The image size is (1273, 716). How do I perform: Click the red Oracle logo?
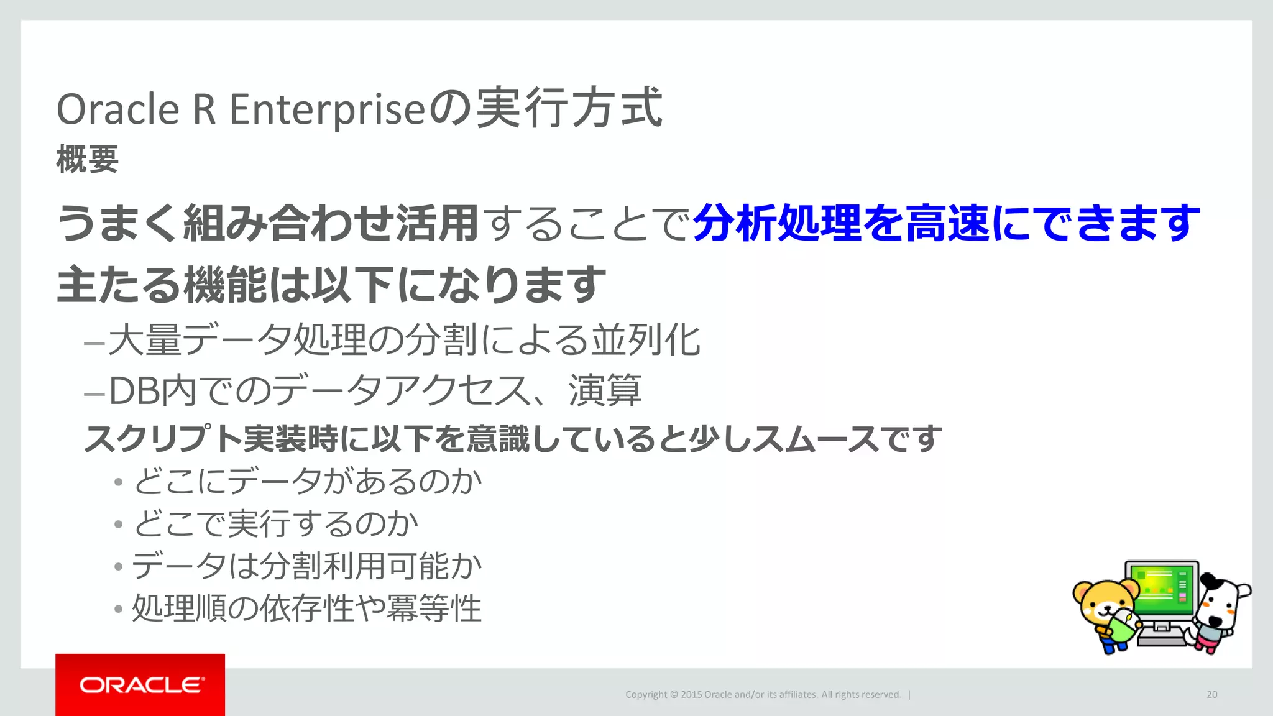pos(140,684)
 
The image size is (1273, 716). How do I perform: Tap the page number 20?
pos(1211,694)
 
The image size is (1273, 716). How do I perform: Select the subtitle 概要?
pos(87,159)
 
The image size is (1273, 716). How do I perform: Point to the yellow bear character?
pos(1106,612)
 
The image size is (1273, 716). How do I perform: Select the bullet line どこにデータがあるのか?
pos(307,481)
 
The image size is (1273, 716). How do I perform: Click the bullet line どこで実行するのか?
pos(276,523)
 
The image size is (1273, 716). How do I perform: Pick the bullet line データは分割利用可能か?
pos(307,566)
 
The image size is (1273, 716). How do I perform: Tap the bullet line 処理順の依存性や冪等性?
pos(307,608)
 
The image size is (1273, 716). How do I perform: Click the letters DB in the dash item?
pos(134,391)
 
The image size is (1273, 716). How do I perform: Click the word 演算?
pos(605,391)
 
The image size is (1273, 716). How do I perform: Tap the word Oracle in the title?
pos(118,109)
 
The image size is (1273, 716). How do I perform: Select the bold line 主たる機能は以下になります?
pos(331,285)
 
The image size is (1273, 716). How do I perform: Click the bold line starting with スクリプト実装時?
pos(513,439)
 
